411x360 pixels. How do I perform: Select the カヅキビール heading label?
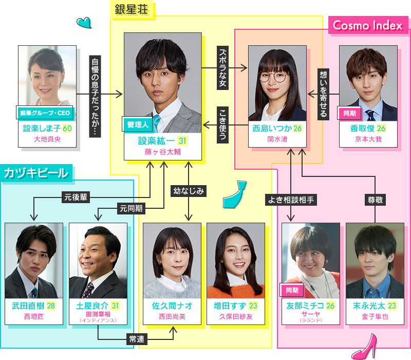(36, 173)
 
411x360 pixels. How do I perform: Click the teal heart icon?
(84, 22)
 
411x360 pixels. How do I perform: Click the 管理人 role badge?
(137, 124)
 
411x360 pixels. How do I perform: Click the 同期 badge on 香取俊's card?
(349, 113)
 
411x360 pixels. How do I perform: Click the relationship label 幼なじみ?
(188, 190)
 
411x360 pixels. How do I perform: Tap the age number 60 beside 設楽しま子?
(66, 128)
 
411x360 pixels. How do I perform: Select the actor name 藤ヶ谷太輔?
(162, 152)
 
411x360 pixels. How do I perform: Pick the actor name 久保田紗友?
(236, 317)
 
